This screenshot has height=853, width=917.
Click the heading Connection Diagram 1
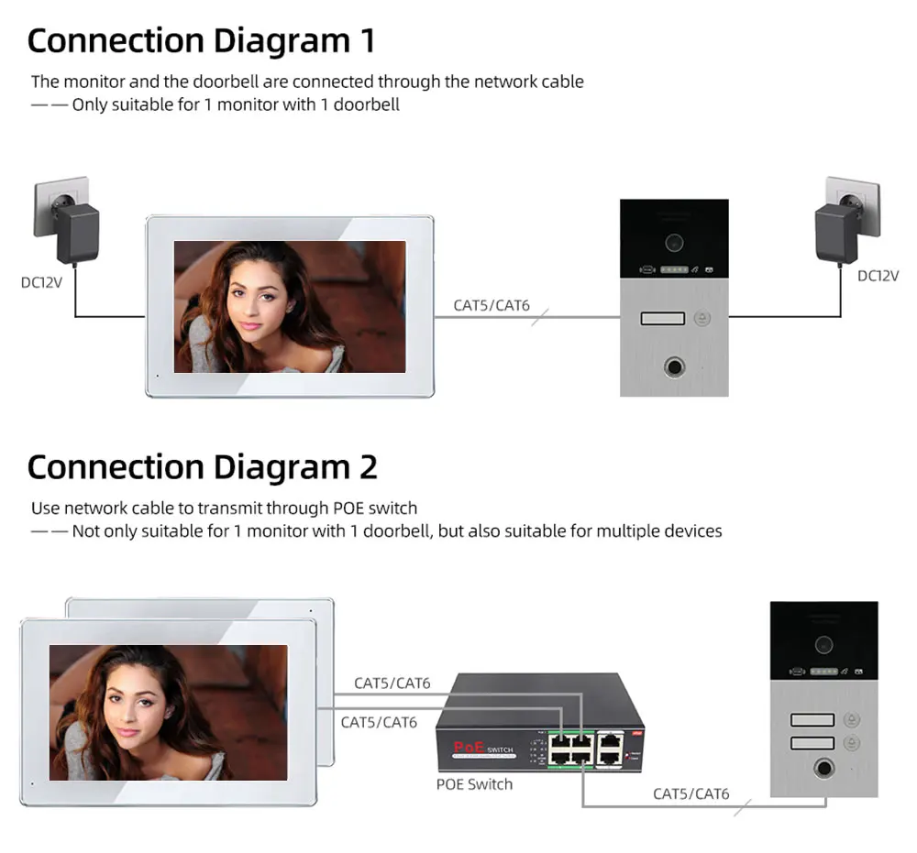pyautogui.click(x=201, y=41)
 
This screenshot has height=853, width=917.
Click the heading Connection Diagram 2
pyautogui.click(x=202, y=467)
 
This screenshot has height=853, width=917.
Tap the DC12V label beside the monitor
pyautogui.click(x=41, y=282)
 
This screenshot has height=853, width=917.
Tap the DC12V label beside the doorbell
pyautogui.click(x=878, y=276)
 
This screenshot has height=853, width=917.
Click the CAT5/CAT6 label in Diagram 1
pyautogui.click(x=492, y=305)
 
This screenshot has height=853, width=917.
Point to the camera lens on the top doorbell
pyautogui.click(x=674, y=242)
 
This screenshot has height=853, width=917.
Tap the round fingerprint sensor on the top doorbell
pyautogui.click(x=674, y=365)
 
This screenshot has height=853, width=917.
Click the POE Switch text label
pyautogui.click(x=474, y=784)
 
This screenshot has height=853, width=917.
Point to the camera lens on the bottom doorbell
pyautogui.click(x=823, y=643)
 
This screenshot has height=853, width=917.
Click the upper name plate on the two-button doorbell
pyautogui.click(x=812, y=720)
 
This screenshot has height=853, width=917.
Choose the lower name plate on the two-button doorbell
pyautogui.click(x=812, y=743)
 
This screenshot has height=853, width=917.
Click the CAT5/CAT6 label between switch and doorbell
pyautogui.click(x=691, y=793)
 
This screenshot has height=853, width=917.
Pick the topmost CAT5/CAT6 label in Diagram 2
pyautogui.click(x=392, y=683)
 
